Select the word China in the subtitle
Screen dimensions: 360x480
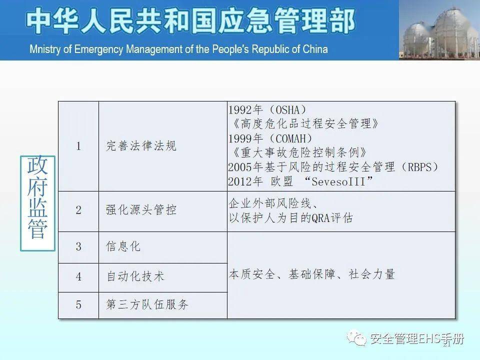tap(314, 49)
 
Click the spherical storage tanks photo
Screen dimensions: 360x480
tap(439, 30)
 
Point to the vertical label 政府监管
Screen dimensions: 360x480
tap(37, 203)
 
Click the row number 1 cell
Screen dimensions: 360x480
tap(78, 146)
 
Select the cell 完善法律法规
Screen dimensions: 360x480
tap(141, 146)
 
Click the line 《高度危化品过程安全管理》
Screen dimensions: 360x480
tap(303, 123)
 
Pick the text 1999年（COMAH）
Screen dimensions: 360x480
tap(270, 138)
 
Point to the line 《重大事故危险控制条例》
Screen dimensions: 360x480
tap(300, 152)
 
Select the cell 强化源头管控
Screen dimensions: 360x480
tap(141, 210)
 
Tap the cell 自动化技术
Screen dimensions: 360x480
tap(135, 276)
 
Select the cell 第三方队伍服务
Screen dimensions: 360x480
tap(147, 304)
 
